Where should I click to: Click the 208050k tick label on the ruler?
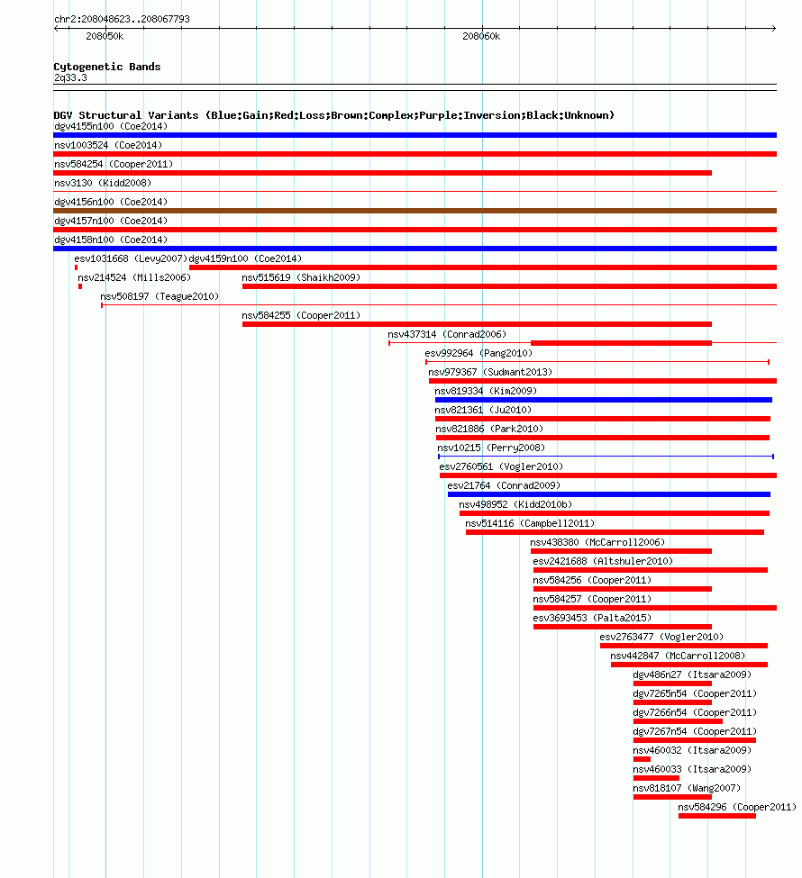(x=105, y=36)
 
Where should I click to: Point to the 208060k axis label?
(x=481, y=36)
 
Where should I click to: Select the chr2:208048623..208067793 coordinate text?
(x=122, y=19)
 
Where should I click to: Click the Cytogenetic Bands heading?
(x=107, y=67)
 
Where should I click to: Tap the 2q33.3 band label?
(x=70, y=77)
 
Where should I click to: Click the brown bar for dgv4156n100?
(x=415, y=211)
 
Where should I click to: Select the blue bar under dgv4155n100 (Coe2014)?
(x=415, y=135)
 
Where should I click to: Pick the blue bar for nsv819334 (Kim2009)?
(x=604, y=400)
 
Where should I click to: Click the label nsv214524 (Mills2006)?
(x=134, y=277)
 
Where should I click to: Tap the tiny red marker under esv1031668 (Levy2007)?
(x=77, y=267)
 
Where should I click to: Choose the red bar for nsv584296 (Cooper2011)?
(x=716, y=816)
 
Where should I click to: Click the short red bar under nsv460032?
(x=642, y=759)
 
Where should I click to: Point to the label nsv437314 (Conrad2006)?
(x=447, y=334)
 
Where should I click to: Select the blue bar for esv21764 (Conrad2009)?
(x=609, y=494)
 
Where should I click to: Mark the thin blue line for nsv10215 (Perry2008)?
(x=606, y=457)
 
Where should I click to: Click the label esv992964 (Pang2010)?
(x=478, y=353)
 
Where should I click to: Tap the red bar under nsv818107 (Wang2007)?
(x=672, y=797)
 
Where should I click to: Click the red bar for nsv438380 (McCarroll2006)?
(x=621, y=551)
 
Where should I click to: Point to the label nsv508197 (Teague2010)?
(x=159, y=297)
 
